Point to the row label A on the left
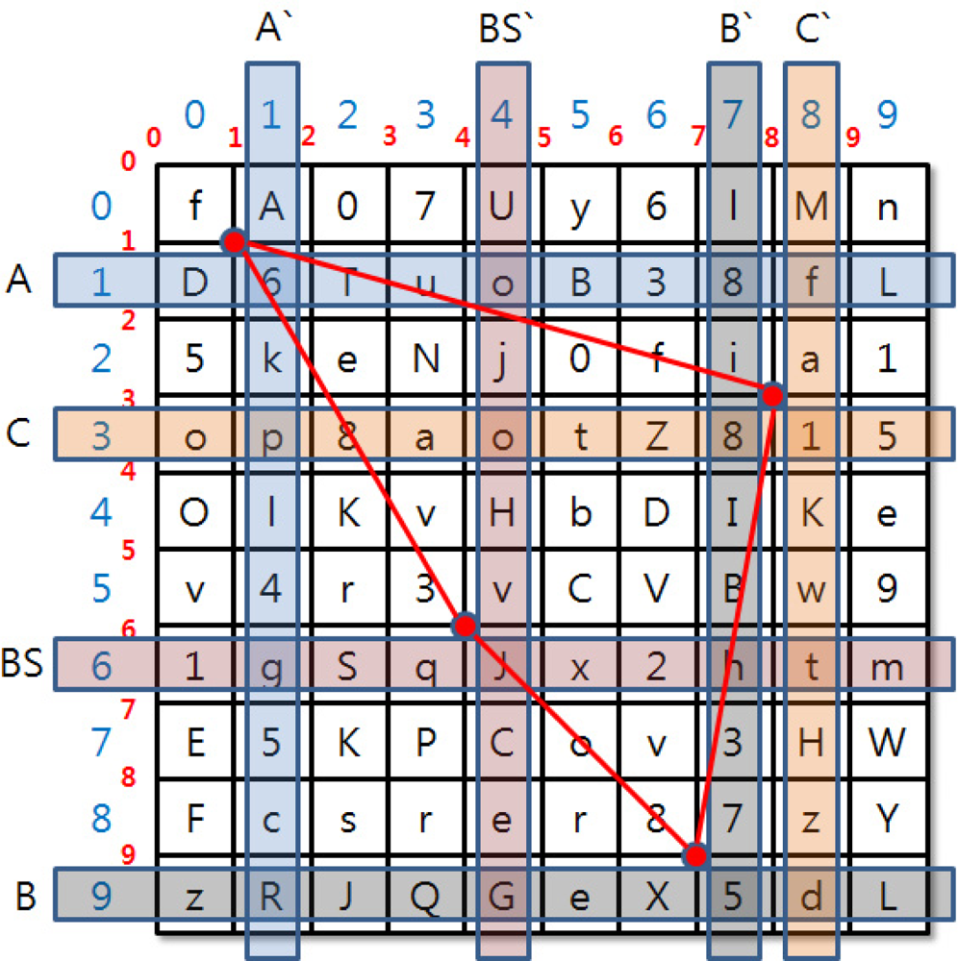tap(16, 280)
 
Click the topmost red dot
tap(234, 240)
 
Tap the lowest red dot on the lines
tap(695, 854)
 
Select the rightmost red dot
tap(771, 394)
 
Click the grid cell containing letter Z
tap(656, 436)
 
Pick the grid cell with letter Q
tap(425, 897)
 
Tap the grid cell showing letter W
tap(887, 742)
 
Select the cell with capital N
tap(425, 359)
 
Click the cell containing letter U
tap(502, 206)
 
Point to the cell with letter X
tap(656, 897)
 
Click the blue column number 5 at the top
tap(579, 116)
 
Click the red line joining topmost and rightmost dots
tap(502, 317)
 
